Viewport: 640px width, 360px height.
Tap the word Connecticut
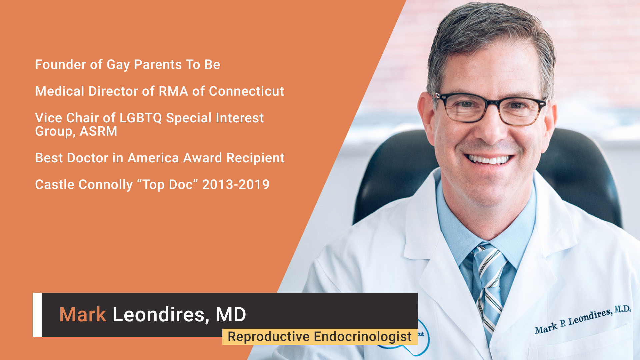coord(246,91)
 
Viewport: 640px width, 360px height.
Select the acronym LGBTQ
coord(140,118)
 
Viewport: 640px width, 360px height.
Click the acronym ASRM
coord(98,131)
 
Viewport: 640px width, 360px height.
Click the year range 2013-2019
coord(236,185)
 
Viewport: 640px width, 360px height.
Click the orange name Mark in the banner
coord(83,314)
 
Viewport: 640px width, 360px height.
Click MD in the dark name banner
coord(231,314)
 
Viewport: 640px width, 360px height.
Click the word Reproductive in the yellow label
coord(269,337)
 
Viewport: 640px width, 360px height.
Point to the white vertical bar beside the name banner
coord(37,315)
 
